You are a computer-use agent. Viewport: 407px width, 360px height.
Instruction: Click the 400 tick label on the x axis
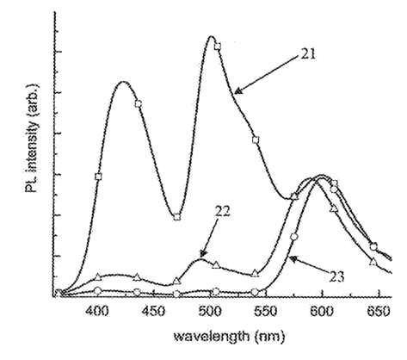point(98,312)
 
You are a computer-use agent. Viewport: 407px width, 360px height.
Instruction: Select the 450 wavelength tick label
point(155,312)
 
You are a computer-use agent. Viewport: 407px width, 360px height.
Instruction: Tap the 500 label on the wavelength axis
point(211,312)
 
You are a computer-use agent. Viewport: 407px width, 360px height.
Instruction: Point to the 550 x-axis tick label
point(267,312)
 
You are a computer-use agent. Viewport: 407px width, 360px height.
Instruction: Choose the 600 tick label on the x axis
point(323,312)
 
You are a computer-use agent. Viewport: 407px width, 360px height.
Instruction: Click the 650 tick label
point(379,312)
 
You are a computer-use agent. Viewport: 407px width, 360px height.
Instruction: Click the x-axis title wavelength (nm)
point(230,336)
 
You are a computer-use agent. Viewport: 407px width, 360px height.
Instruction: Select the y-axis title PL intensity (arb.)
point(32,138)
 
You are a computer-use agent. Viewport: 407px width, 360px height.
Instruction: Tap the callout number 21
point(308,53)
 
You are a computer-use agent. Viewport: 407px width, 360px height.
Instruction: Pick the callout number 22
point(222,212)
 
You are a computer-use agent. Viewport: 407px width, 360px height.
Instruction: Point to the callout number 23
point(336,276)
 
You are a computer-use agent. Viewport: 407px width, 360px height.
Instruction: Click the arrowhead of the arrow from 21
point(237,91)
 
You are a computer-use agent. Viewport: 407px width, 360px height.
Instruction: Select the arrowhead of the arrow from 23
point(293,258)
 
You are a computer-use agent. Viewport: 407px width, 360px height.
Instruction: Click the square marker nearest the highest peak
point(218,46)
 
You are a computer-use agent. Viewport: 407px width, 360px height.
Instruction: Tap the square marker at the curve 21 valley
point(177,217)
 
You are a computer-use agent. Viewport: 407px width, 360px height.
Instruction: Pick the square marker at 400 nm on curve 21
point(98,177)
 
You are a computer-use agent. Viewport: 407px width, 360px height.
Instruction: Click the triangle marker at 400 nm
point(98,276)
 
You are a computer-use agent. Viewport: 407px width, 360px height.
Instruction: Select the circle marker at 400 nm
point(98,291)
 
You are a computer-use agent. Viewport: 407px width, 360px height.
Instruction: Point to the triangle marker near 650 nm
point(373,262)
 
